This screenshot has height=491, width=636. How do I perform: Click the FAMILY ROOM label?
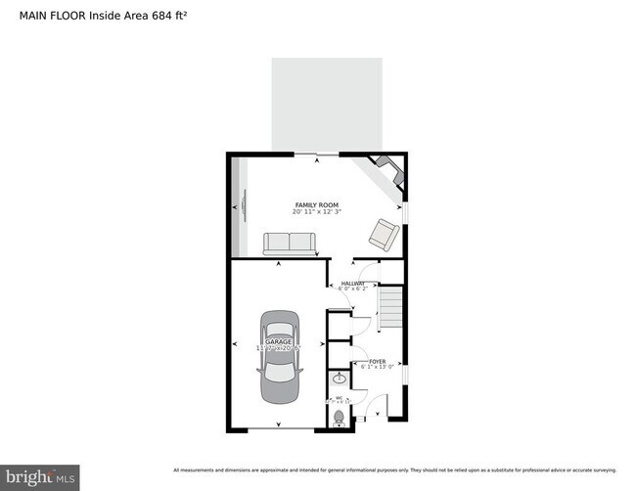pos(310,204)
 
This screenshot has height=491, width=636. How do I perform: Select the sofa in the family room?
pos(289,244)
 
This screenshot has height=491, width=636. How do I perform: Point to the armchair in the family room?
pos(383,234)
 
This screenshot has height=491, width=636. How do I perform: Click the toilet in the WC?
pos(340,417)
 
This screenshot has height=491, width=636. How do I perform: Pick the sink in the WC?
pos(340,379)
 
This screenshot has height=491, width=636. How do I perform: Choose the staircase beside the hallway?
pos(391,307)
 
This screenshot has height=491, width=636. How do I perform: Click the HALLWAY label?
pos(353,283)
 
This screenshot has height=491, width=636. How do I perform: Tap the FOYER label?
pos(377,362)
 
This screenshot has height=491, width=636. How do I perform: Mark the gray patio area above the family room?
pos(327,104)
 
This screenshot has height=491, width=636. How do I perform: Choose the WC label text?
pos(340,398)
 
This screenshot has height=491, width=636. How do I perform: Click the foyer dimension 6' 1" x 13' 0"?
pos(377,368)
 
